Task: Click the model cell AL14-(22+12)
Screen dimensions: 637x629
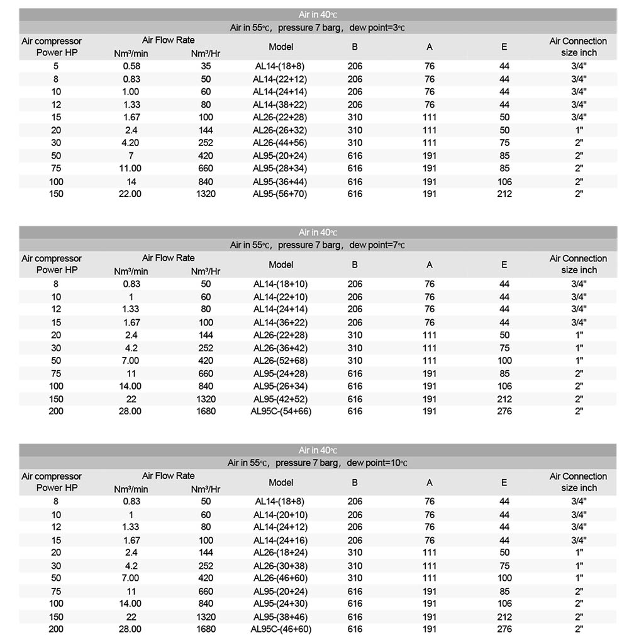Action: (x=281, y=79)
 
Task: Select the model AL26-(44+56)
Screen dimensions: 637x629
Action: (x=281, y=143)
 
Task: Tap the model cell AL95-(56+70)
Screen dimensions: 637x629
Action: (x=281, y=194)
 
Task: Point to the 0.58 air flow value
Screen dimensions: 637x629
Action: (x=131, y=66)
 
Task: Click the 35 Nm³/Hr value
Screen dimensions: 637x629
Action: (x=206, y=66)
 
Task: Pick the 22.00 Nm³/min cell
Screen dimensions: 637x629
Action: (x=130, y=194)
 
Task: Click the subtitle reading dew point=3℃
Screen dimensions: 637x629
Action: (x=318, y=28)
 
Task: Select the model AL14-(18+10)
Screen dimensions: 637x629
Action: (x=281, y=284)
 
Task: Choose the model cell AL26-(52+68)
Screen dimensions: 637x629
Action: (x=281, y=361)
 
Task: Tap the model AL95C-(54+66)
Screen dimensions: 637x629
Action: (x=281, y=412)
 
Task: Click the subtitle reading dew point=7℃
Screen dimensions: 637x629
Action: (x=318, y=245)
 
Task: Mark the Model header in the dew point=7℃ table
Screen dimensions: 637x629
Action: (x=281, y=264)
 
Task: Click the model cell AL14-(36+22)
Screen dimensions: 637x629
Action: (x=281, y=322)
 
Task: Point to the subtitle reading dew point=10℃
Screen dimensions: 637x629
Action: (x=318, y=463)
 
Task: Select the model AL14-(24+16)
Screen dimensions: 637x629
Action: (x=281, y=540)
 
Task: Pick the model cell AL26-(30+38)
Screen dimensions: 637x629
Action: (x=281, y=566)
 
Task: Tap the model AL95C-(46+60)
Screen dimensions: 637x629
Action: (x=281, y=629)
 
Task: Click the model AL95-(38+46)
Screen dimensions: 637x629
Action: (x=281, y=617)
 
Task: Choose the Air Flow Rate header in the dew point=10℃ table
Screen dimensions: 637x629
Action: (x=168, y=476)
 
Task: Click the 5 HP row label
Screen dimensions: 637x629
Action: (x=57, y=66)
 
